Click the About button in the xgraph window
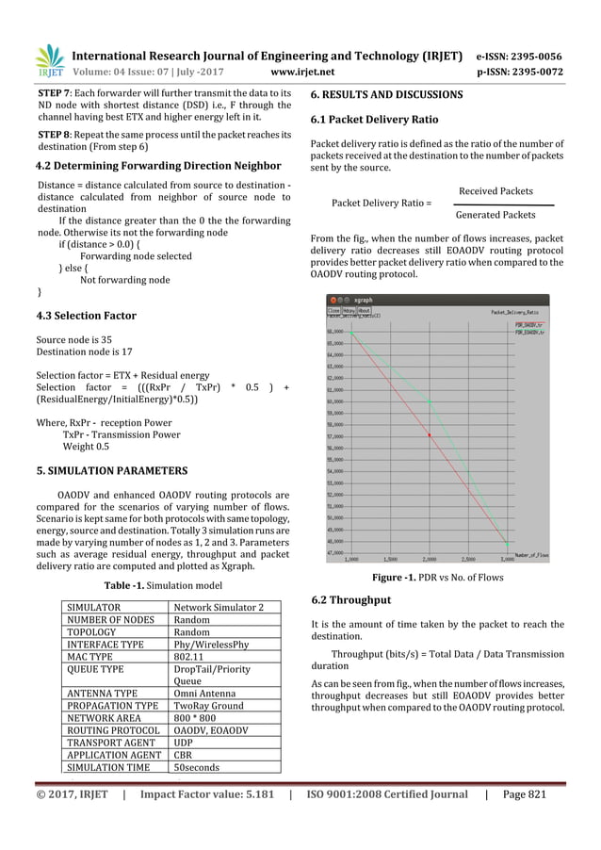[x=364, y=310]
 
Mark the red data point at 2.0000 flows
[x=430, y=435]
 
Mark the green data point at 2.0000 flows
[x=430, y=401]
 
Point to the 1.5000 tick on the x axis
[x=390, y=558]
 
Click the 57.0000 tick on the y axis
[x=335, y=436]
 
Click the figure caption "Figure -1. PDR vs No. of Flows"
[x=437, y=578]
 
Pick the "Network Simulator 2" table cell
[x=223, y=608]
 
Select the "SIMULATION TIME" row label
[x=103, y=768]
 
